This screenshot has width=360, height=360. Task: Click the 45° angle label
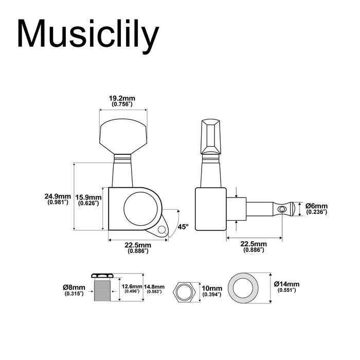pos(183,226)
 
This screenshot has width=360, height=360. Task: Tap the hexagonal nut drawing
pos(184,292)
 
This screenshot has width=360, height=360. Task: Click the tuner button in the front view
pos(122,132)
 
